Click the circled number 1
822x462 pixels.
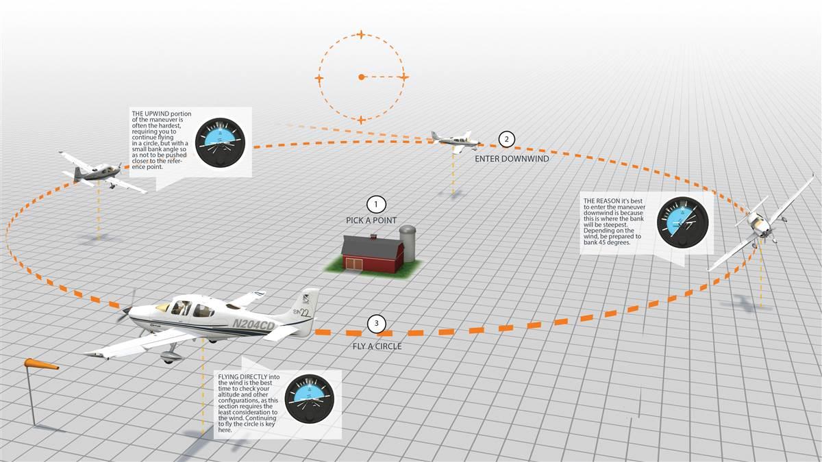pos(375,204)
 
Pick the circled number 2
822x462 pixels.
pos(506,139)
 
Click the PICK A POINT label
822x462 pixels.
pos(371,220)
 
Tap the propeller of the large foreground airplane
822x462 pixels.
pos(125,311)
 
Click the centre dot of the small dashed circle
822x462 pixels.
pos(361,77)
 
